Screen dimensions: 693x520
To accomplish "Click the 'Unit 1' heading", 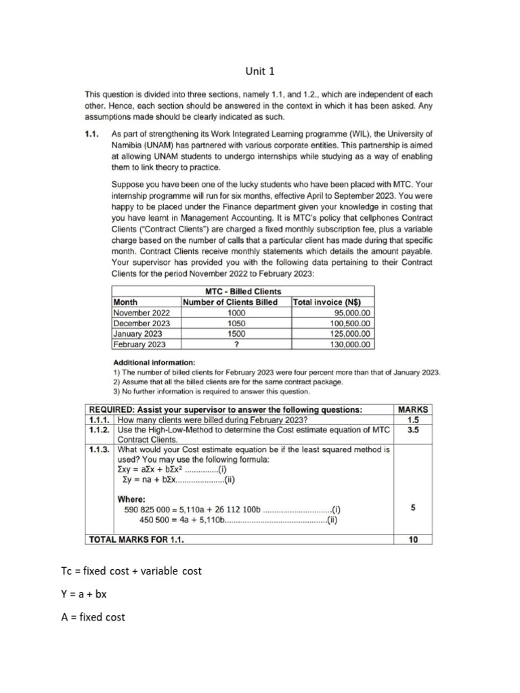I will [260, 70].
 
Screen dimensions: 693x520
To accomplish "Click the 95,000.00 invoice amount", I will [351, 313].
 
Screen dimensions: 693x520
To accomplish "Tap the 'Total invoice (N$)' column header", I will [326, 303].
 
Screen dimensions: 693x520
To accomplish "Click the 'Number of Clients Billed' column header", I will [230, 303].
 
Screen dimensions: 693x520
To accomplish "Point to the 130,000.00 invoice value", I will [349, 344].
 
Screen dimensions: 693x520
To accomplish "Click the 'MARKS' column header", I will [412, 409].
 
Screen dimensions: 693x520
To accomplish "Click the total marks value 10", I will [412, 539].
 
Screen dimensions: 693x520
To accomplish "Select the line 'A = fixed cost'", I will [93, 617].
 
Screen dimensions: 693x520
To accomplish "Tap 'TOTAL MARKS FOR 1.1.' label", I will [136, 539].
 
